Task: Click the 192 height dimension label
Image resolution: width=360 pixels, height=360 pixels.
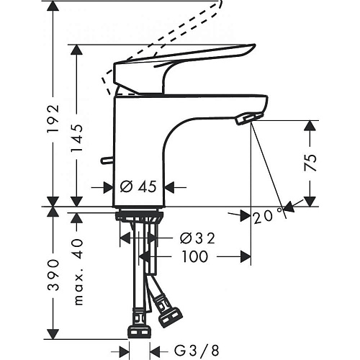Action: [x=53, y=119]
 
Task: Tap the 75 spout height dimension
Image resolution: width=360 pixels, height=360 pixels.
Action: [x=310, y=163]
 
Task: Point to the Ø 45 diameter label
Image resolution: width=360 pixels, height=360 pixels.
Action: [x=138, y=186]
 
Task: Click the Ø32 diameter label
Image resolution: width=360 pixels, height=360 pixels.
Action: [x=197, y=238]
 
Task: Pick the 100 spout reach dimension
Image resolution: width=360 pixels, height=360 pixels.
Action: [x=195, y=256]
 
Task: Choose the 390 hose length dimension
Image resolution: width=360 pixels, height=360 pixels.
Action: [x=53, y=275]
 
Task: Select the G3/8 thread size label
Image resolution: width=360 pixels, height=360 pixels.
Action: [x=197, y=351]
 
